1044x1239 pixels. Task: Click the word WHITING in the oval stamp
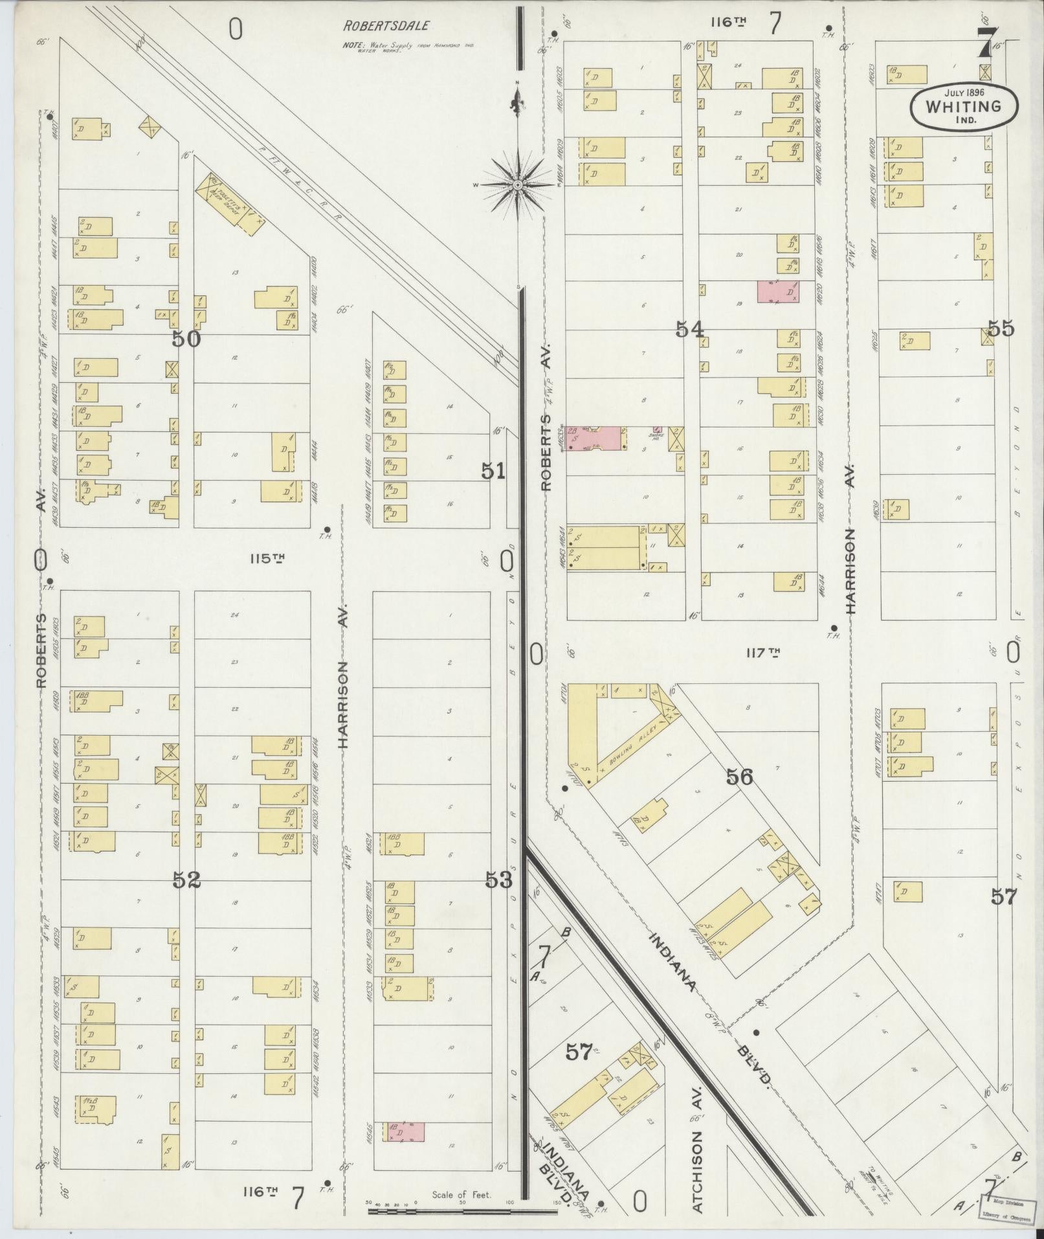tap(963, 107)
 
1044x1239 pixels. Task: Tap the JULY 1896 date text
tap(964, 93)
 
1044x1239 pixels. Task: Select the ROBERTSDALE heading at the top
tap(386, 27)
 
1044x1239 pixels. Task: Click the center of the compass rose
tap(518, 185)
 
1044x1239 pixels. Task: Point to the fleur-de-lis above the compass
tap(516, 104)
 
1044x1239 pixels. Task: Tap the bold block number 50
tap(186, 339)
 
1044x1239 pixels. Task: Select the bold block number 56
tap(739, 777)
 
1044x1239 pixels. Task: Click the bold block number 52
tap(186, 880)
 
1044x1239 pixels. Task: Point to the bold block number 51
tap(493, 472)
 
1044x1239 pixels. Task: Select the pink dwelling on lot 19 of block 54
tap(778, 291)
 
